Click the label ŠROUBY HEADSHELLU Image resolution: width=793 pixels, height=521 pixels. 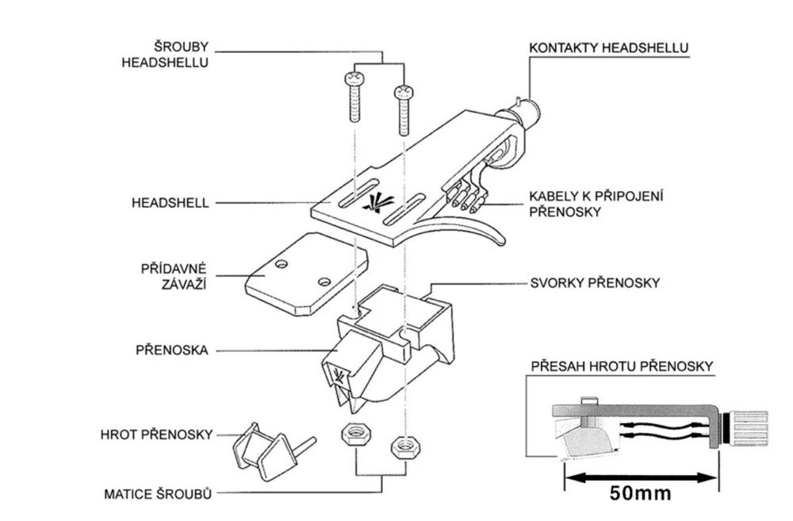click(165, 53)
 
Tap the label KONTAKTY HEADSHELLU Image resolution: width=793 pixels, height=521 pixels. click(608, 48)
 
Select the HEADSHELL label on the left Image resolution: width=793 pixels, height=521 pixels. click(170, 203)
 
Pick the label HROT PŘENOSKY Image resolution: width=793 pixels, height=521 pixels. click(156, 435)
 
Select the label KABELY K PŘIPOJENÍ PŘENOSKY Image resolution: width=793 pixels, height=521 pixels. click(596, 203)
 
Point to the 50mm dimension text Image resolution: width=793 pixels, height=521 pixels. click(640, 492)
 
